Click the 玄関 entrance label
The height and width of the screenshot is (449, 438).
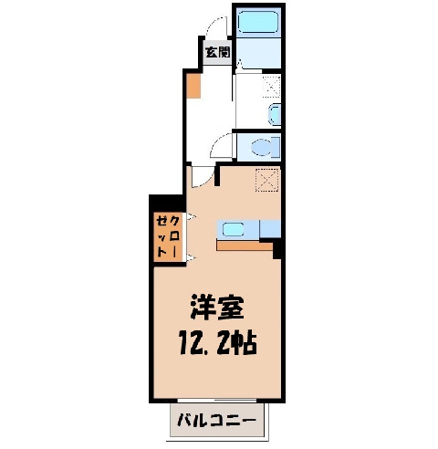218,52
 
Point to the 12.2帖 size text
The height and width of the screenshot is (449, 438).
218,344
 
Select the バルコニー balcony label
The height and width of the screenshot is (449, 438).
216,421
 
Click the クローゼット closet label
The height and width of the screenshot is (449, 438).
167,236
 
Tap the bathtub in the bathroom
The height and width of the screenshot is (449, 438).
258,22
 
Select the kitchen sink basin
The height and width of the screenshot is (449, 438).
233,229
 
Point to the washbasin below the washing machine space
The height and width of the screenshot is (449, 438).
276,115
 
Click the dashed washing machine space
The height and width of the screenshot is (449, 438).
271,87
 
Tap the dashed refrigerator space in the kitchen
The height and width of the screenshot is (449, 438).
267,180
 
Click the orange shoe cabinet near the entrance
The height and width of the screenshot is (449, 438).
193,86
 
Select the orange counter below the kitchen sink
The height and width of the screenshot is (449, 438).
245,245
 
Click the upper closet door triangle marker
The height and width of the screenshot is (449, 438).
192,217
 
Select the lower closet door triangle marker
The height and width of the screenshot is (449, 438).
192,257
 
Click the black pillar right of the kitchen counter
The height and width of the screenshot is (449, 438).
276,248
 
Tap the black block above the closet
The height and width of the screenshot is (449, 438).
167,203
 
